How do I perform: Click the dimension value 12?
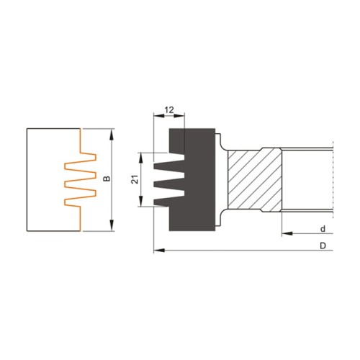170,109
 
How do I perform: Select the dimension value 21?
135,179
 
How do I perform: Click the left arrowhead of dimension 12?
158,115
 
